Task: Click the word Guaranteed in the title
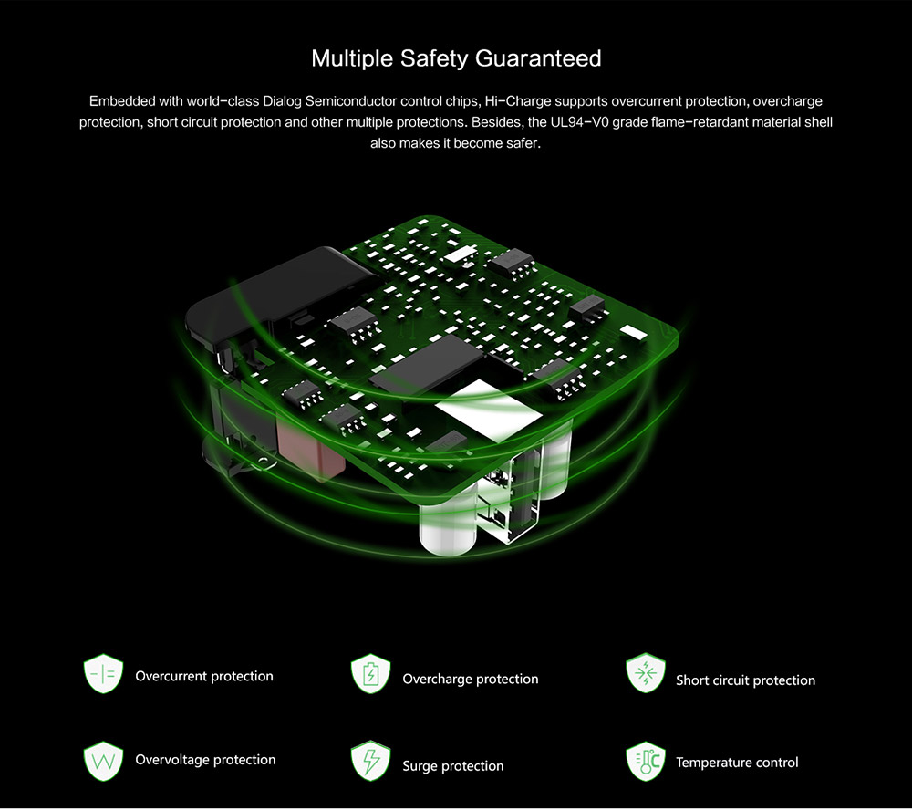point(538,58)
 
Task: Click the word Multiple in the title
point(352,58)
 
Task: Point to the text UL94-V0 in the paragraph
point(579,122)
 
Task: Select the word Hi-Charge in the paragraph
point(518,101)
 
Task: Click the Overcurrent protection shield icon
point(104,674)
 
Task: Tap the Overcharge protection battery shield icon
point(370,674)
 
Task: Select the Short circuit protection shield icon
point(646,673)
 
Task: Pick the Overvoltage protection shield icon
point(104,761)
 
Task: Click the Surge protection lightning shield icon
point(370,761)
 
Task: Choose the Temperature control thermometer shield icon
point(646,761)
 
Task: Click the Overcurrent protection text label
point(204,676)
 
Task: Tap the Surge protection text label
point(453,766)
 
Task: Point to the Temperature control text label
point(737,763)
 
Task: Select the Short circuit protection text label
point(746,680)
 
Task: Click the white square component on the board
point(489,410)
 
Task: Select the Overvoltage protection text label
point(205,760)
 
